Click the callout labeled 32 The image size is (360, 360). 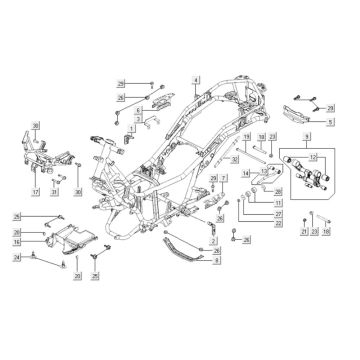click(x=232, y=159)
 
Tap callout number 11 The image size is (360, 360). click(x=279, y=203)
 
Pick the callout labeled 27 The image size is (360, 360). click(x=279, y=213)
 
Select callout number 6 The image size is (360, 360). click(x=141, y=111)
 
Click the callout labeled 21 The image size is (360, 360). click(x=305, y=232)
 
